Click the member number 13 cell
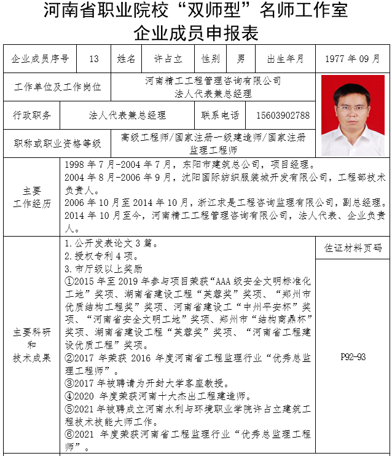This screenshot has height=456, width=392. pos(93,59)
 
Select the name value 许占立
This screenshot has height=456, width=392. pos(168,59)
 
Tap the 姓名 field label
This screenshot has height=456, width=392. pos(126,59)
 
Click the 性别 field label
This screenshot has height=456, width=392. pos(211,59)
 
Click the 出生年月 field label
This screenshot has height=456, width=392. pos(285,59)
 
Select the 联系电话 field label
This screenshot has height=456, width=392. pos(219,116)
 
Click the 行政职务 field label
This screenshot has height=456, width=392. pos(32,116)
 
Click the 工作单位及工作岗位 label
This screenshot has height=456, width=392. pos(57,87)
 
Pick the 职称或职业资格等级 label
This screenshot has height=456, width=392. pos(57,144)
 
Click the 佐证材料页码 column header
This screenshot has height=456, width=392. pos(353,248)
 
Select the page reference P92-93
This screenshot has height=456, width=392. pos(353,357)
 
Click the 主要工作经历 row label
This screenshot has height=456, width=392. pos(32,197)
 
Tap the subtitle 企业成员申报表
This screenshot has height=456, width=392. pos(195,31)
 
